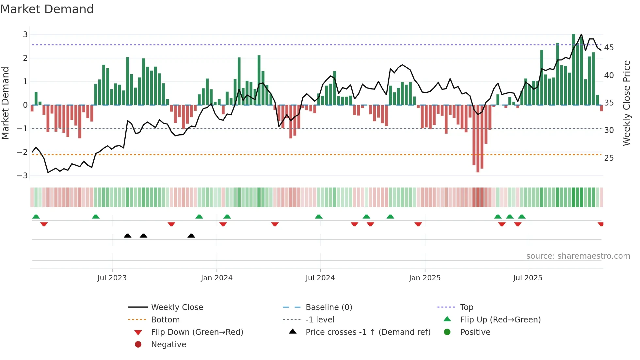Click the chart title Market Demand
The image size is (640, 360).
coord(47,9)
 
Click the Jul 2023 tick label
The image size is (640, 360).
coord(112,278)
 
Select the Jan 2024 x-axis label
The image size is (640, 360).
coord(216,278)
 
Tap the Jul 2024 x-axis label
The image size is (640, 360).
coord(320,278)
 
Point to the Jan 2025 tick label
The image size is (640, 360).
coord(424,278)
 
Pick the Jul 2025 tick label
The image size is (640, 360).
coord(528,278)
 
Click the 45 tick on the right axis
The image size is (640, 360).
coord(609,48)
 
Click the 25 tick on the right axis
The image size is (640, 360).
coord(609,158)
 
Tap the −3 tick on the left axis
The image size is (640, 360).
coord(23,176)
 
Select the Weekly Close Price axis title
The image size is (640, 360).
coord(626,103)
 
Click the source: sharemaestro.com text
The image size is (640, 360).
coord(578,256)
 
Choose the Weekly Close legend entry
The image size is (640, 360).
coord(177,307)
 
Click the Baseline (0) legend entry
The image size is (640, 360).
coord(328,307)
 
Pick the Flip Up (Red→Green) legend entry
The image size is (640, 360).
coord(500,320)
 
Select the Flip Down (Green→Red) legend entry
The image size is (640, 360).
coord(197,332)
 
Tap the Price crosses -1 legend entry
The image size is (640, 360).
coord(368,332)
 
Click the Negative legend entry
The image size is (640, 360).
coord(168,345)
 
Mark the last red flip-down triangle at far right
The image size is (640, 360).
coord(600,224)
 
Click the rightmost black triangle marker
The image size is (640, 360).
coord(191,236)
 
